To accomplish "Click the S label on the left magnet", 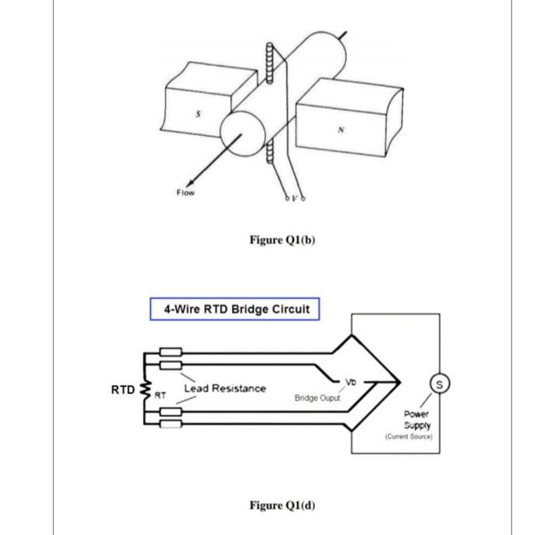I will pyautogui.click(x=198, y=114).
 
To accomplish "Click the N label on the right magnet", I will pyautogui.click(x=340, y=130).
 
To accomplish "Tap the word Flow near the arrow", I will pyautogui.click(x=184, y=192).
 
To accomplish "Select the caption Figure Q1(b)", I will pyautogui.click(x=282, y=240).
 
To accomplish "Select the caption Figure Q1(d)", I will pyautogui.click(x=282, y=505).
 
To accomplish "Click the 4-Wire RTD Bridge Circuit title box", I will pyautogui.click(x=235, y=309).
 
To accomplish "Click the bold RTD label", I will pyautogui.click(x=122, y=390).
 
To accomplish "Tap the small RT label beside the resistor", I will pyautogui.click(x=159, y=396).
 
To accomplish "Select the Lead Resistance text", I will pyautogui.click(x=224, y=388).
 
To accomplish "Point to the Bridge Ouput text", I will pyautogui.click(x=317, y=398).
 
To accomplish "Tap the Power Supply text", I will pyautogui.click(x=417, y=420).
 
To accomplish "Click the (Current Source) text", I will pyautogui.click(x=408, y=437).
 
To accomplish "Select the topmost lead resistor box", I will pyautogui.click(x=171, y=352).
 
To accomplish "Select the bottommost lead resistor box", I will pyautogui.click(x=171, y=424).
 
